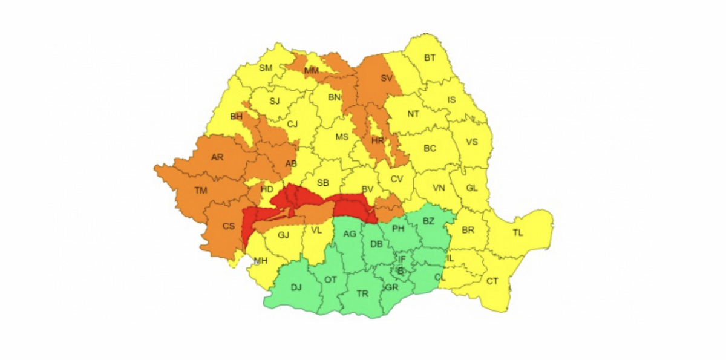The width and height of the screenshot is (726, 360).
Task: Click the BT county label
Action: tap(430, 58)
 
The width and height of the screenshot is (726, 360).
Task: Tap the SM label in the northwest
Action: tap(266, 68)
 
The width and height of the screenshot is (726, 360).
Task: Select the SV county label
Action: tap(387, 78)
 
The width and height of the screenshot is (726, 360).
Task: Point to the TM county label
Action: tap(201, 191)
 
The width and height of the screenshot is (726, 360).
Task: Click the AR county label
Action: tap(217, 157)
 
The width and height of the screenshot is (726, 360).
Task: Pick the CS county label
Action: tap(229, 226)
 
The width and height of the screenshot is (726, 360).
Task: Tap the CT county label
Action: tap(492, 281)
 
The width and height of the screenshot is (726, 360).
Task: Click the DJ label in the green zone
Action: tap(296, 287)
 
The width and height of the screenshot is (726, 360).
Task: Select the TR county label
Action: tap(362, 293)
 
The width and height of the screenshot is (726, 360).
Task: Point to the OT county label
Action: tap(330, 280)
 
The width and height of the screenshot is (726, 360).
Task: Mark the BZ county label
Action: tap(428, 221)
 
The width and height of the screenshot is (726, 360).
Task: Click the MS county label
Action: tap(342, 137)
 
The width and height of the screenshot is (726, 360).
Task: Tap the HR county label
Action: tap(378, 140)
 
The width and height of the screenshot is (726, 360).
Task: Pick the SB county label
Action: tap(323, 182)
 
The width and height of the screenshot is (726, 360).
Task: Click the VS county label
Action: tap(472, 142)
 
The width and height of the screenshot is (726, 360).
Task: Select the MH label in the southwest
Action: tap(261, 261)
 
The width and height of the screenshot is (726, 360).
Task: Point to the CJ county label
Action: tap(292, 124)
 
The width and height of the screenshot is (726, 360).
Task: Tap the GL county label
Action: tap(472, 188)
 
